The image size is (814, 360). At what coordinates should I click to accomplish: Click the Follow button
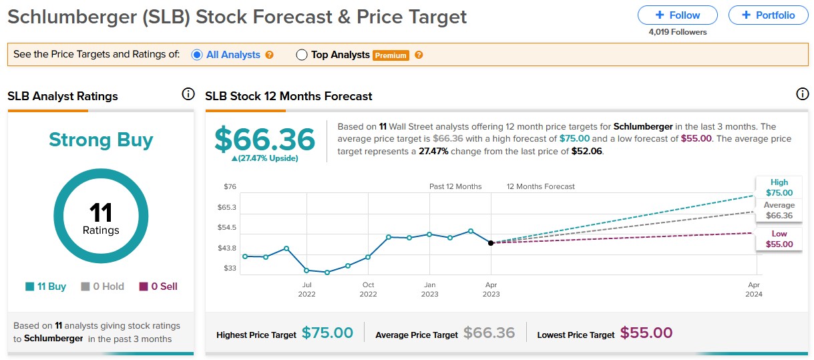click(x=677, y=15)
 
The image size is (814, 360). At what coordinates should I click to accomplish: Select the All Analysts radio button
click(x=197, y=55)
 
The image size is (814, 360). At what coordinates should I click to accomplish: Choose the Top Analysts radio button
click(x=302, y=55)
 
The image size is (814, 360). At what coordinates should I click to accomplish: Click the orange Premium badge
click(x=391, y=55)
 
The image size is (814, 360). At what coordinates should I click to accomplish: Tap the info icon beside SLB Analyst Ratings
click(x=188, y=94)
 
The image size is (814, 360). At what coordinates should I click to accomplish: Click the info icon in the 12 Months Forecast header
click(x=803, y=94)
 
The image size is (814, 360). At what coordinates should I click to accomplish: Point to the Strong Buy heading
click(x=101, y=140)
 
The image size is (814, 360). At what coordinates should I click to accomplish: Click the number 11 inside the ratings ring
click(x=101, y=213)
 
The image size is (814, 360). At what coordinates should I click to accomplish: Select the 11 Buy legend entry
click(x=46, y=287)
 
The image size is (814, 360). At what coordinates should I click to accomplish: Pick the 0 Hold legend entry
click(x=102, y=287)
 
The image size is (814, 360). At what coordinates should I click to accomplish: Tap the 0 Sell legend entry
click(x=158, y=287)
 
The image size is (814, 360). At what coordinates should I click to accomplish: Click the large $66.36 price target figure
click(x=264, y=140)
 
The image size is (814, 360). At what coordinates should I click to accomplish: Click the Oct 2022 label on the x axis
click(x=368, y=289)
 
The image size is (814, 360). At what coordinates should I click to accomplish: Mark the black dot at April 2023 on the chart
click(x=491, y=242)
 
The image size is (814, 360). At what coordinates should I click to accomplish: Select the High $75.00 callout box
click(x=779, y=188)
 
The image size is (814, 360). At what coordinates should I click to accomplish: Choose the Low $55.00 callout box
click(x=779, y=239)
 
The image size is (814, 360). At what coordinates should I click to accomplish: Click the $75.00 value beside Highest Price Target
click(x=327, y=333)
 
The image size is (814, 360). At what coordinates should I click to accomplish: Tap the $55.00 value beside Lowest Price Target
click(x=646, y=333)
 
